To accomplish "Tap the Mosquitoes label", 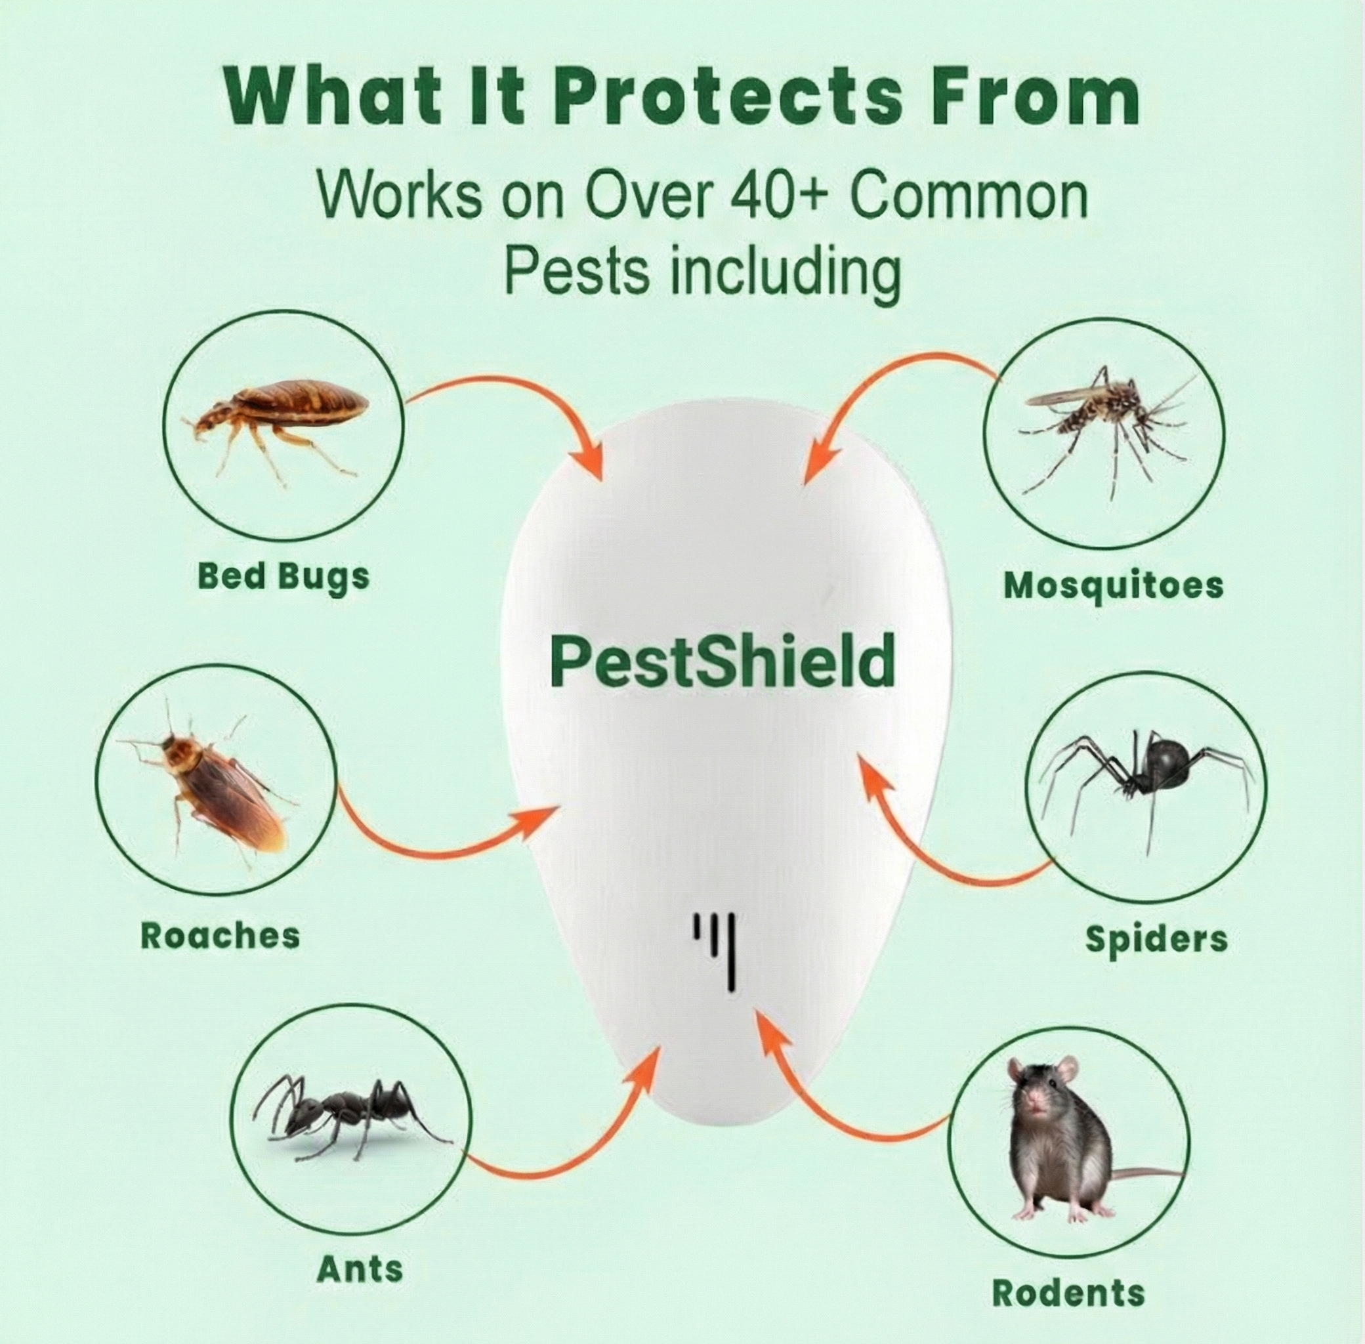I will tap(1113, 585).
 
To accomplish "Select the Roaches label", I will tap(220, 935).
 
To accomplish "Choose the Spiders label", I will tap(1156, 939).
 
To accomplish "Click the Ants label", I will tap(360, 1269).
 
